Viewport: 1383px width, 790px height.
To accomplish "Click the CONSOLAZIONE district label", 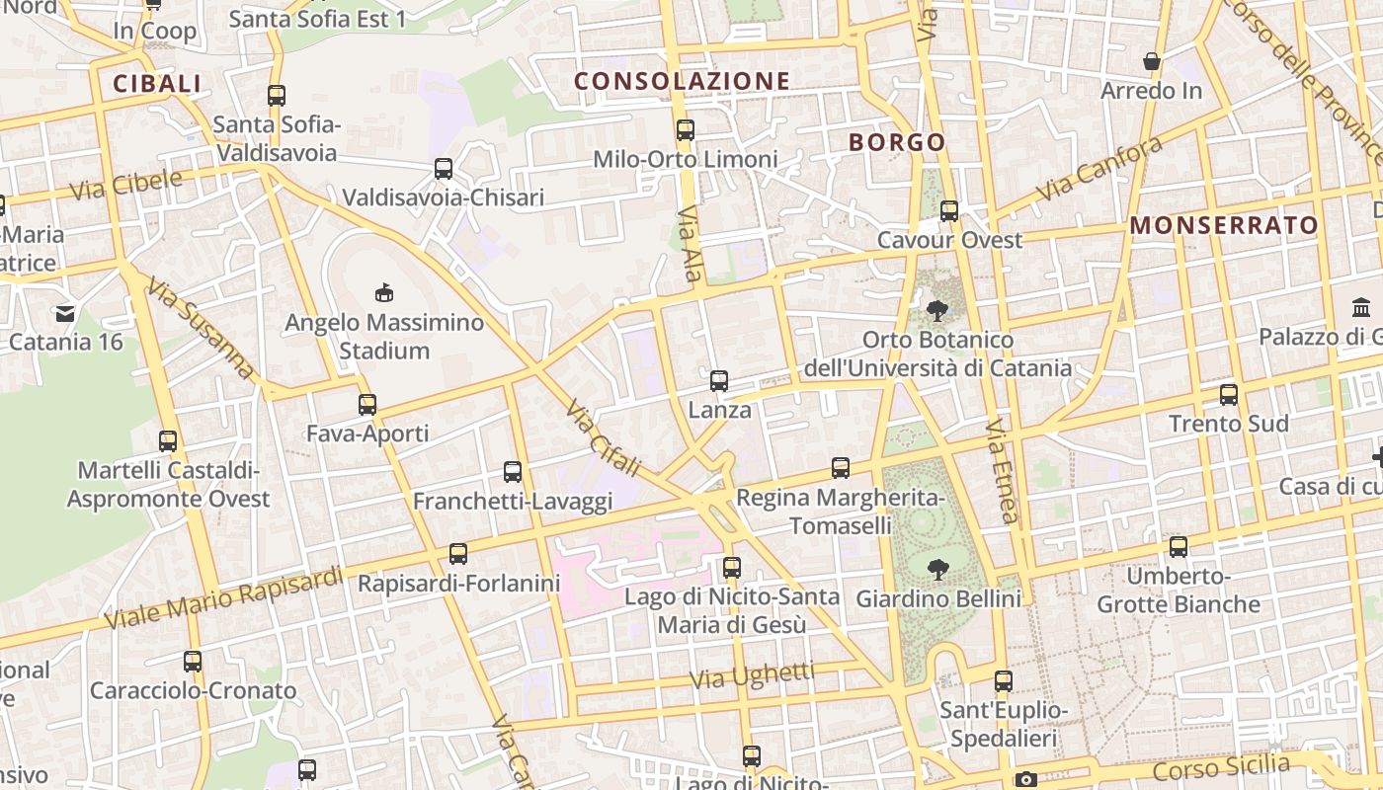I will click(x=682, y=81).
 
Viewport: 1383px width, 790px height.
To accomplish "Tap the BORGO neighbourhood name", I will click(x=897, y=142).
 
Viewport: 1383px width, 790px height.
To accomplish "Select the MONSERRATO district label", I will click(x=1224, y=225).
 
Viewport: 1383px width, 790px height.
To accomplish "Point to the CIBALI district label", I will click(x=157, y=84).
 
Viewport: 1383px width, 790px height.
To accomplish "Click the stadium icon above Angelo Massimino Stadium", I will click(x=384, y=292).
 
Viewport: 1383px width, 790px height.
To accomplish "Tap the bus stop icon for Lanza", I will click(x=719, y=380).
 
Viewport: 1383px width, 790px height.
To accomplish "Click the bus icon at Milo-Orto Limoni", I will click(x=685, y=129).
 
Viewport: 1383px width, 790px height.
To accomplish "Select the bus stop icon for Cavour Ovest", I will click(x=949, y=210).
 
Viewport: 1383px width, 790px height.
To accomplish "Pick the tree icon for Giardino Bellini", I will click(x=937, y=569).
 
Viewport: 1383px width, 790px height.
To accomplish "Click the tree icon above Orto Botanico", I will click(x=937, y=310).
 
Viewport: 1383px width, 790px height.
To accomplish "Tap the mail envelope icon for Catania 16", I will click(x=65, y=314).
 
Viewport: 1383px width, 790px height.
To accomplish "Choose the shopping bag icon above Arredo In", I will click(x=1152, y=61).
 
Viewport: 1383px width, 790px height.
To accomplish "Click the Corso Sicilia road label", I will click(x=1221, y=767).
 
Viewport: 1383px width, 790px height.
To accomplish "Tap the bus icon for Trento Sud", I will click(x=1228, y=394).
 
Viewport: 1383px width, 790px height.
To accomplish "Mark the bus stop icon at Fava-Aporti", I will click(x=367, y=404).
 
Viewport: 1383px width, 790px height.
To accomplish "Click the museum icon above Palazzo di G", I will click(x=1361, y=307).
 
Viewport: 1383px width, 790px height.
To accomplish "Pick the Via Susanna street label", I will click(x=201, y=329).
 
